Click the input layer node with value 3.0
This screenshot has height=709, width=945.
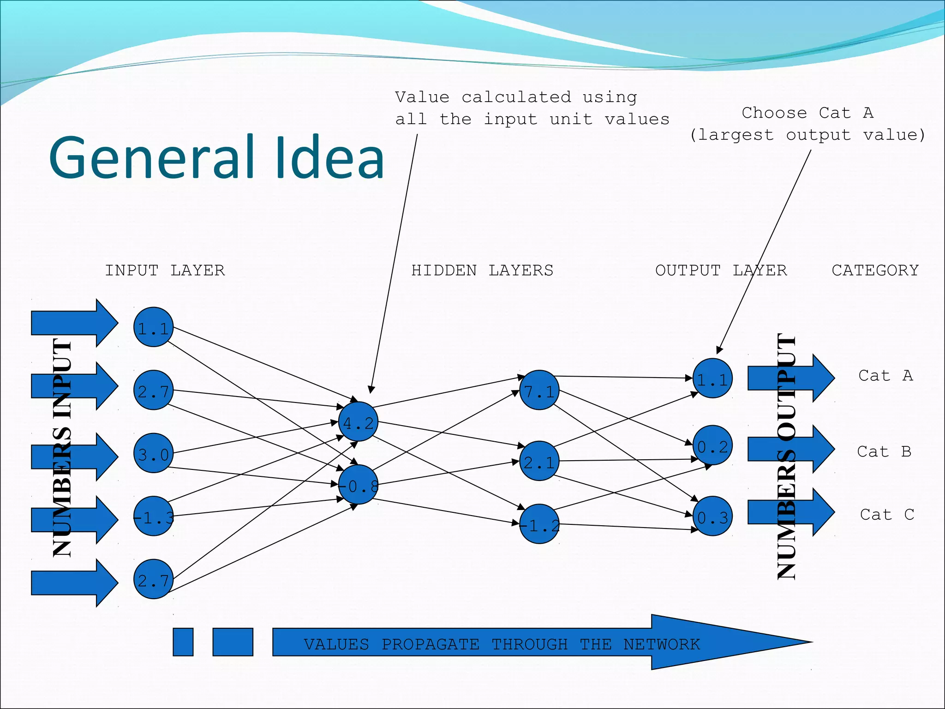[x=153, y=453]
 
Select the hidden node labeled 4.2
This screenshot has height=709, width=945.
[x=358, y=421]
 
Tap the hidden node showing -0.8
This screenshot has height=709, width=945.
[x=358, y=484]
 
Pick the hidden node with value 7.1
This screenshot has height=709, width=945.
[x=539, y=390]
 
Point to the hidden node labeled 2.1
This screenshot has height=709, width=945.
[x=539, y=461]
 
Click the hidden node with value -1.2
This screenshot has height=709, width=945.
[x=539, y=524]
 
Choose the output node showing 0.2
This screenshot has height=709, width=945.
[x=712, y=445]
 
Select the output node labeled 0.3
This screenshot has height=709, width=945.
[x=712, y=516]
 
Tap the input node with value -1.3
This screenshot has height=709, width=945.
[x=153, y=516]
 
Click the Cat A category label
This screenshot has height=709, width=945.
[x=885, y=376]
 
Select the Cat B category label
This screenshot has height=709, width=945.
[x=884, y=451]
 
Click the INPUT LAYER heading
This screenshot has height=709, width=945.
[x=165, y=270]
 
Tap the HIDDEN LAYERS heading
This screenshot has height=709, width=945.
[x=482, y=270]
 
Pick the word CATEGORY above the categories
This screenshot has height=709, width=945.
[x=875, y=270]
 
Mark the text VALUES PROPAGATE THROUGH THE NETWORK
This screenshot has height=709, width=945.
[x=502, y=644]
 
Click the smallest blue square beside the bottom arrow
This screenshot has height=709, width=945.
[x=183, y=642]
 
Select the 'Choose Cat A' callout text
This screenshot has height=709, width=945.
[x=807, y=124]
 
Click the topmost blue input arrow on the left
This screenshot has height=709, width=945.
[x=74, y=323]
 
